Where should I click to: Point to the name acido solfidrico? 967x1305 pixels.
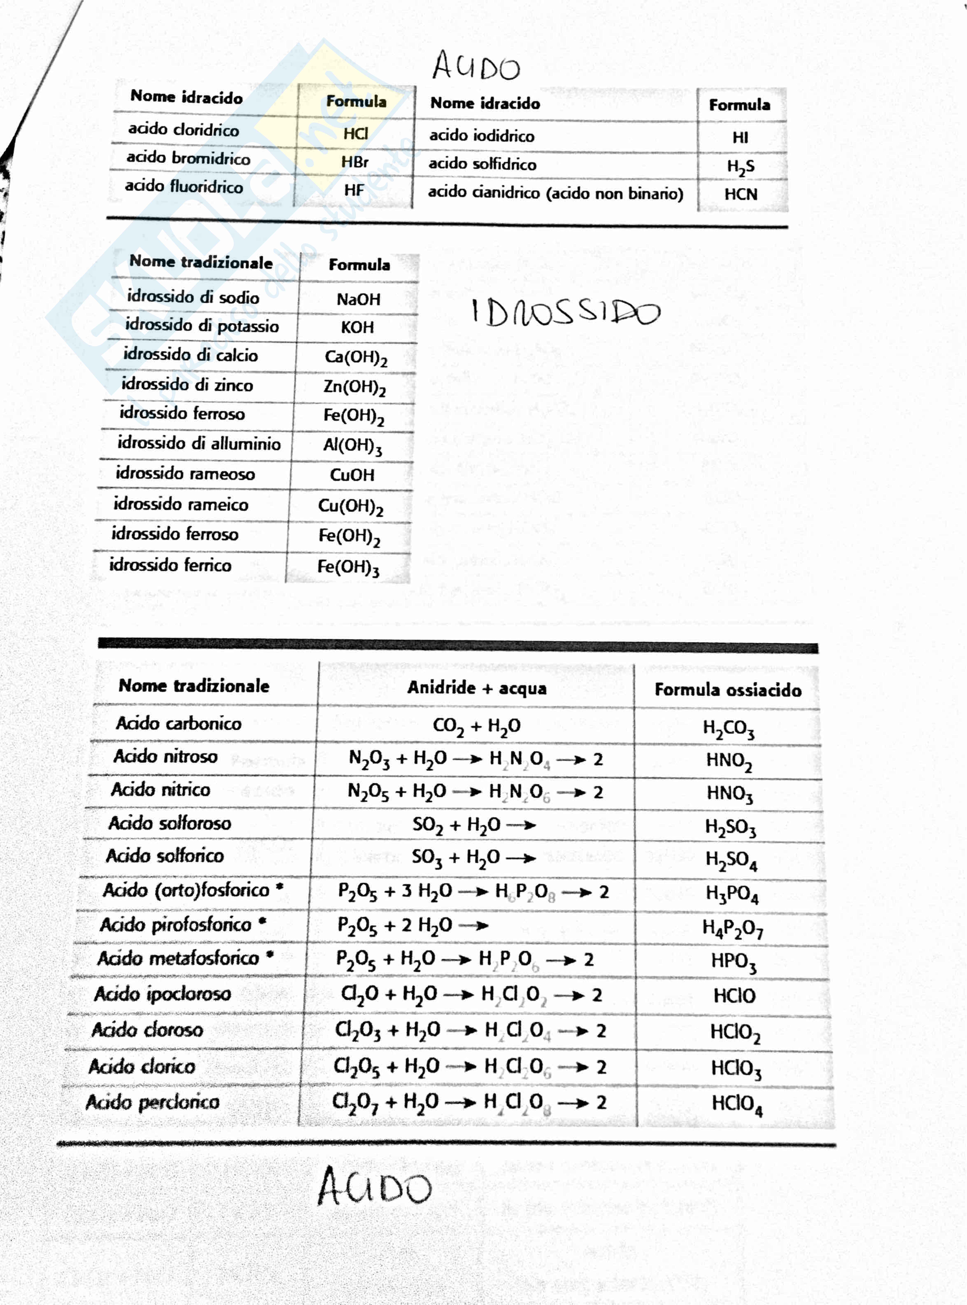click(482, 164)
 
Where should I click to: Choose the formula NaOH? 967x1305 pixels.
click(358, 299)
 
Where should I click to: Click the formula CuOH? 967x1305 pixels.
click(352, 474)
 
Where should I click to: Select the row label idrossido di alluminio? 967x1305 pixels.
click(199, 443)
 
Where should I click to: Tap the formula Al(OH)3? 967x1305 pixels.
click(352, 446)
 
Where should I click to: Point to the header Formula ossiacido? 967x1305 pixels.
click(728, 690)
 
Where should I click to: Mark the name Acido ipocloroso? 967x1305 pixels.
click(163, 994)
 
